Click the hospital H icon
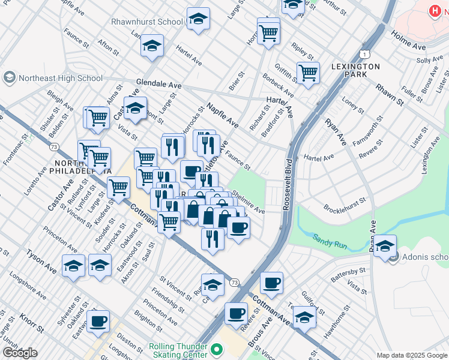[x=435, y=11]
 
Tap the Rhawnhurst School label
[x=147, y=22]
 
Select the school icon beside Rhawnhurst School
[x=197, y=19]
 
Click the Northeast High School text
[x=60, y=78]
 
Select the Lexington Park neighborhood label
[x=355, y=71]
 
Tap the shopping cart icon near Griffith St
[x=307, y=73]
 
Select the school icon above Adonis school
[x=385, y=245]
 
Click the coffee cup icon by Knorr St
[x=98, y=320]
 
